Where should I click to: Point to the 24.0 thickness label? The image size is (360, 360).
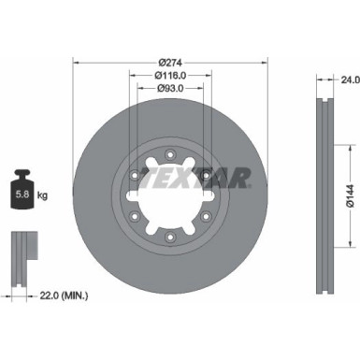click(349, 81)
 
